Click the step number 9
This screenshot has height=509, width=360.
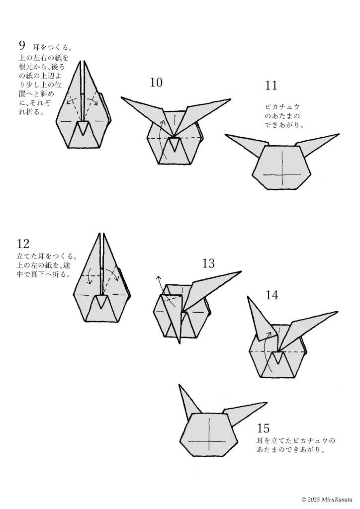(22, 46)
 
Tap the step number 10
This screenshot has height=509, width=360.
(156, 83)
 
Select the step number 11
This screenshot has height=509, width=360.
(271, 86)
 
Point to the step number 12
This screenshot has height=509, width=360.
(23, 244)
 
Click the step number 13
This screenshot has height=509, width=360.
(208, 263)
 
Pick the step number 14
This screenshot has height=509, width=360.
(271, 295)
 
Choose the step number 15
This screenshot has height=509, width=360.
(264, 428)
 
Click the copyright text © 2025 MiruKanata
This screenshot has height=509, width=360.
(326, 499)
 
